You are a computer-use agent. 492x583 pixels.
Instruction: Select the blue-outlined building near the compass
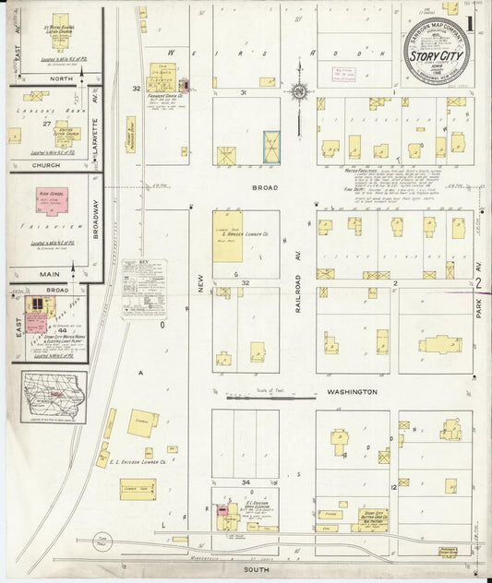click(271, 147)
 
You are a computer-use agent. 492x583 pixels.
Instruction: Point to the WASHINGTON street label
click(350, 392)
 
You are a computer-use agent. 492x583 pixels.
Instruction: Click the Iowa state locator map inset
click(54, 398)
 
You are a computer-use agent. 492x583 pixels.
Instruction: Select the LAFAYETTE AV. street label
click(95, 111)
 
